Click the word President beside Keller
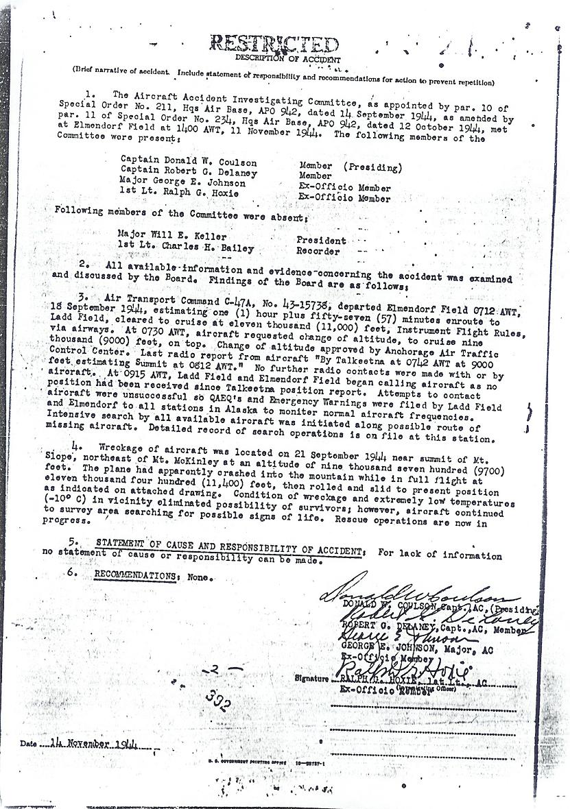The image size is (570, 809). tap(321, 241)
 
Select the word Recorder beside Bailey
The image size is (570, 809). tap(318, 251)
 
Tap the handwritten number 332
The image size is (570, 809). tap(217, 701)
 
